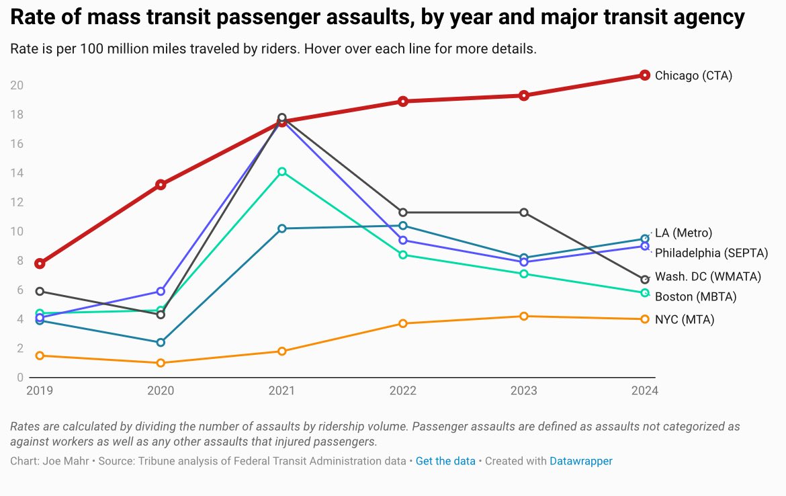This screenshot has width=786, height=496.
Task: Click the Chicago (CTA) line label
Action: point(693,76)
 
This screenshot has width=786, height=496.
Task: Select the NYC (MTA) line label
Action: point(685,320)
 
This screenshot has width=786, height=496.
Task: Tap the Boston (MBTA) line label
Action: point(695,297)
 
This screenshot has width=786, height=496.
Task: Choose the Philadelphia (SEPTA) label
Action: point(711,253)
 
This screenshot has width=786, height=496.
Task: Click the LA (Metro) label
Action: point(683,233)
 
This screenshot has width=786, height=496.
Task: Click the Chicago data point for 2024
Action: point(644,75)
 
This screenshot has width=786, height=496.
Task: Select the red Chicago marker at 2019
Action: point(40,263)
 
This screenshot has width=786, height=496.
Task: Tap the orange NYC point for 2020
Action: point(161,363)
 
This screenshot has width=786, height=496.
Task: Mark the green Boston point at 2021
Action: point(282,172)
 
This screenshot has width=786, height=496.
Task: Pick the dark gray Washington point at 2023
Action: point(524,212)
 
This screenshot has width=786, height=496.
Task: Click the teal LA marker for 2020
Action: point(161,343)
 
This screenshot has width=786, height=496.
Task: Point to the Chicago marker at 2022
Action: point(402,101)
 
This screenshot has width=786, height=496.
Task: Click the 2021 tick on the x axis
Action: point(282,391)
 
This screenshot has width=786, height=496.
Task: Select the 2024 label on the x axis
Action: point(644,391)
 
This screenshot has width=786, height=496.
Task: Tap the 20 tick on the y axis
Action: point(17,85)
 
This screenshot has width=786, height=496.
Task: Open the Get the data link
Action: point(445,461)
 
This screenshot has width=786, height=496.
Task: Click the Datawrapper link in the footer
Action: point(580,461)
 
